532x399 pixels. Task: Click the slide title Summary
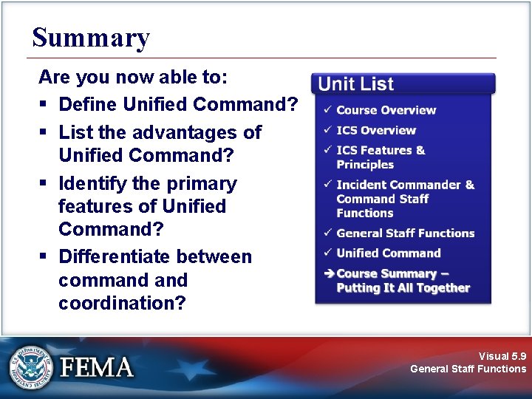(91, 37)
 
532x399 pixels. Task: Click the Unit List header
(356, 84)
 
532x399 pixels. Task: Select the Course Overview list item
(386, 110)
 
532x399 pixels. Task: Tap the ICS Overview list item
(376, 130)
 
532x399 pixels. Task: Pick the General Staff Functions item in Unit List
(405, 233)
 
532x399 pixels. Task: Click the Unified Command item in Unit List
(388, 253)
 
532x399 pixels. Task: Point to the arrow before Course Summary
(328, 273)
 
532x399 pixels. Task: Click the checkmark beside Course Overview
(327, 110)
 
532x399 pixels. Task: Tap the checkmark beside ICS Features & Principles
(327, 150)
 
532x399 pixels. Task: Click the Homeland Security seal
(31, 367)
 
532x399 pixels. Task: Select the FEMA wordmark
(97, 367)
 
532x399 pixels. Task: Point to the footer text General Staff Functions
(468, 369)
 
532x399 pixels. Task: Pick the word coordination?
(122, 303)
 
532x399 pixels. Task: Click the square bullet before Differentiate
(43, 257)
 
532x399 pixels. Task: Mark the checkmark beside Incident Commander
(327, 185)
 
